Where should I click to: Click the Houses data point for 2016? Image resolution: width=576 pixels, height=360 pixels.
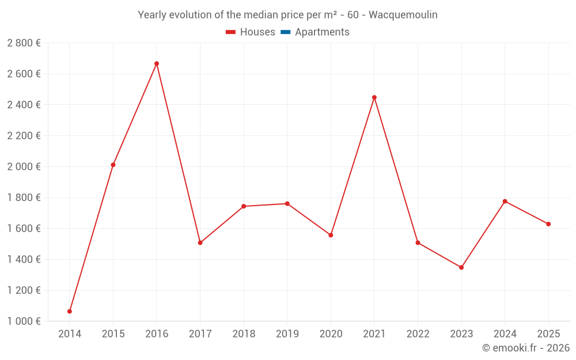(157, 64)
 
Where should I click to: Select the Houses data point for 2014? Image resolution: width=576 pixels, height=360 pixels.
(70, 312)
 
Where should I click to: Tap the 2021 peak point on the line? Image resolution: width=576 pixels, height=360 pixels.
(374, 97)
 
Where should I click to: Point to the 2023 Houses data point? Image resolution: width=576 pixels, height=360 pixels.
(461, 267)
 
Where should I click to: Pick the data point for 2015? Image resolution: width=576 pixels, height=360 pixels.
(113, 165)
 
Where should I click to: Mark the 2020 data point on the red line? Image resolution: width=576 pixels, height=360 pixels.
(331, 235)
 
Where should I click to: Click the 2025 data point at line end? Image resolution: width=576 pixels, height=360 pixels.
(548, 224)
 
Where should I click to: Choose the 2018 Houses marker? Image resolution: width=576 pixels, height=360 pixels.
(244, 206)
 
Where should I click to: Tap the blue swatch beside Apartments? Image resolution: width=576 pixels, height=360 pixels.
(285, 32)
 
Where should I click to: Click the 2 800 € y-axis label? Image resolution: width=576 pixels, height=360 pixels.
(24, 43)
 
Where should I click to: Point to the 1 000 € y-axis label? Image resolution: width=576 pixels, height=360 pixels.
(24, 321)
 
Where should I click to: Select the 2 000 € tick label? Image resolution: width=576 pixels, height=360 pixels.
(24, 167)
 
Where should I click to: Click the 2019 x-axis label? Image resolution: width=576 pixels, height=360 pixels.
(287, 334)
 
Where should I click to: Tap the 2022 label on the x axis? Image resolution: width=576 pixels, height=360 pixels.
(418, 334)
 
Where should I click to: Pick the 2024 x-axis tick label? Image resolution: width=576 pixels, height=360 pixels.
(505, 334)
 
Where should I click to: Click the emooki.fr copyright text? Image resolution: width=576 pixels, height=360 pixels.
(525, 348)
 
